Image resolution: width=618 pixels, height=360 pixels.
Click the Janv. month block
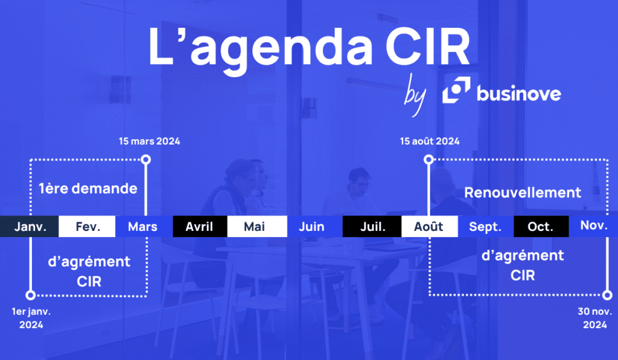[x=29, y=227]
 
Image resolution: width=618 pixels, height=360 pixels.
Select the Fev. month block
[x=87, y=227]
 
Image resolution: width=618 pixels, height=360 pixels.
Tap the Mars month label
[x=142, y=227]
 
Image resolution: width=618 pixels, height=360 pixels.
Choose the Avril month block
[x=200, y=227]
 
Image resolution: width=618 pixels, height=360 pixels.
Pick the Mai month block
[x=257, y=227]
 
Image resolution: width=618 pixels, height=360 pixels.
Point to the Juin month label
[x=311, y=227]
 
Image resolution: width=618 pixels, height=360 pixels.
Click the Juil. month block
[x=372, y=227]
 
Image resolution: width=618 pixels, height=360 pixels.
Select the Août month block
[x=430, y=227]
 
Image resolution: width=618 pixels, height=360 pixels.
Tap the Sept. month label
[x=485, y=227]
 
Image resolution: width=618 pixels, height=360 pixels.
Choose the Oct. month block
[x=541, y=227]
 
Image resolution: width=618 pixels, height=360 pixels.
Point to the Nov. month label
[x=594, y=226]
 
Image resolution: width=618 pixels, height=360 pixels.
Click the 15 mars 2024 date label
[x=150, y=141]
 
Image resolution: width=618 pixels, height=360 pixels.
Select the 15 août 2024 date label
[x=430, y=141]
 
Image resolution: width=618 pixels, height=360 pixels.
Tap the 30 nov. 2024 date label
[x=594, y=318]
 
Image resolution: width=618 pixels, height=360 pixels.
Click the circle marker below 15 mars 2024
[x=146, y=160]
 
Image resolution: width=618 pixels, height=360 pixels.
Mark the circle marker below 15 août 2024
[x=428, y=160]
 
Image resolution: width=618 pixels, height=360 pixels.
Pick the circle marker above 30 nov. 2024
[x=607, y=295]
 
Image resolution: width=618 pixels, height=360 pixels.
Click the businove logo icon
[x=456, y=90]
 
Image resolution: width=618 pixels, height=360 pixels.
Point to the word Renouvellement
[x=523, y=192]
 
